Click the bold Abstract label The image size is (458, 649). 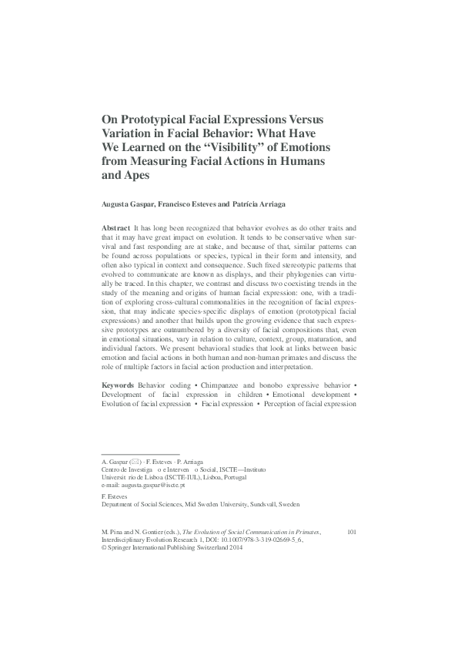115,230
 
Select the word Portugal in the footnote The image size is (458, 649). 226,477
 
